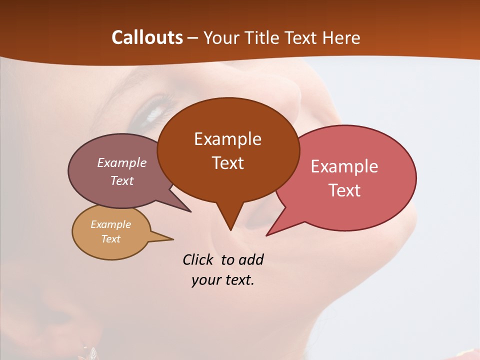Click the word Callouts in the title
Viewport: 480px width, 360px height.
coord(147,37)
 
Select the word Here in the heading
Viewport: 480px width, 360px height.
coord(341,37)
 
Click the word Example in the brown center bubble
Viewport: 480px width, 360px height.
coord(227,139)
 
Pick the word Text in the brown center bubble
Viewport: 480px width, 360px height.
coord(227,163)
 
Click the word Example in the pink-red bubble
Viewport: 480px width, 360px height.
coord(344,166)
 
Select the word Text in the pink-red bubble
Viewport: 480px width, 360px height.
coord(344,190)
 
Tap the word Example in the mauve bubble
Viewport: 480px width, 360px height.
coord(122,162)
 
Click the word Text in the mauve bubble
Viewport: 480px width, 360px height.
coord(122,180)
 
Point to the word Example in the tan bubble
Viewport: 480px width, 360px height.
coord(110,224)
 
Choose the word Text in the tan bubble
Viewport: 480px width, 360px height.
coord(110,239)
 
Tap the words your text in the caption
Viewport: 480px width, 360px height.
coord(223,280)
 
